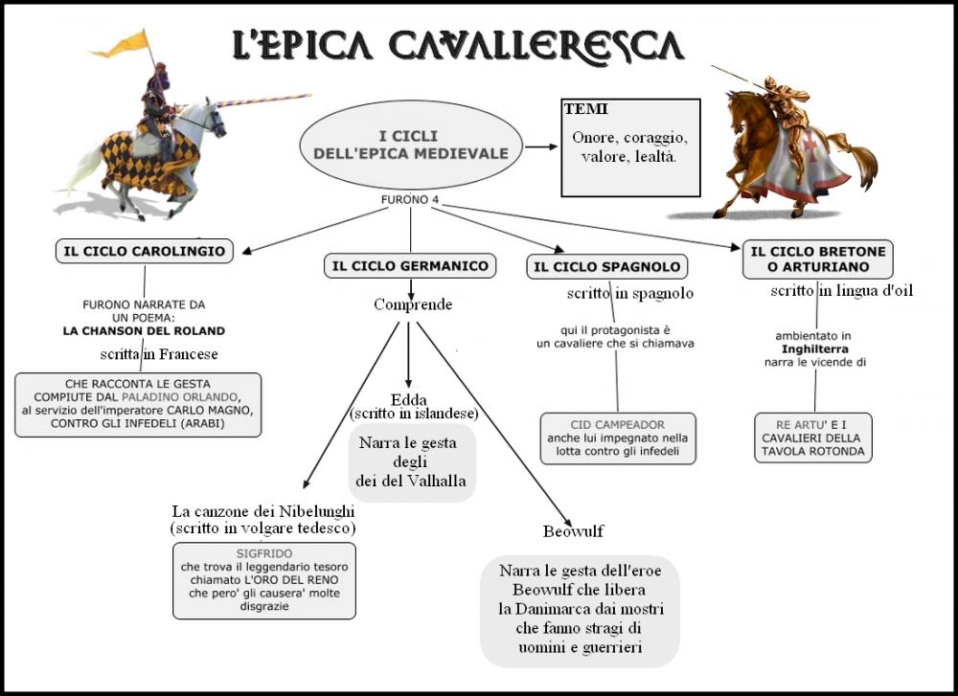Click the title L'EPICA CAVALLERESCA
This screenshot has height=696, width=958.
pyautogui.click(x=458, y=46)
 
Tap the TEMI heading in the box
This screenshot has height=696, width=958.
pyautogui.click(x=586, y=109)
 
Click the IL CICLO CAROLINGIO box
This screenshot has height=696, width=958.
pyautogui.click(x=144, y=252)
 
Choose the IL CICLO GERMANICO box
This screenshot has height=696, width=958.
pyautogui.click(x=410, y=265)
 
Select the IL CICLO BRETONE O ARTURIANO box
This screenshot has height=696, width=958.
pyautogui.click(x=817, y=258)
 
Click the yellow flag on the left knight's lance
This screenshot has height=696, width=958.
pyautogui.click(x=132, y=43)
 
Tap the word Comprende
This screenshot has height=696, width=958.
pyautogui.click(x=412, y=304)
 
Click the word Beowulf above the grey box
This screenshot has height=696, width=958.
pyautogui.click(x=572, y=531)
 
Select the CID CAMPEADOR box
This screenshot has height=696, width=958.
pyautogui.click(x=617, y=438)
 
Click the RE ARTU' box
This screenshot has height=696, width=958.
pyautogui.click(x=812, y=438)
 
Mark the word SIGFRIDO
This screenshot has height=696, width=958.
pyautogui.click(x=263, y=553)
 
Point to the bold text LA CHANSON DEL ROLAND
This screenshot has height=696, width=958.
pyautogui.click(x=144, y=330)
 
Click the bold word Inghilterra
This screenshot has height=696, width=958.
pyautogui.click(x=814, y=349)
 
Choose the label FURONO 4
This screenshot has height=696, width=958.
pyautogui.click(x=410, y=200)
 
